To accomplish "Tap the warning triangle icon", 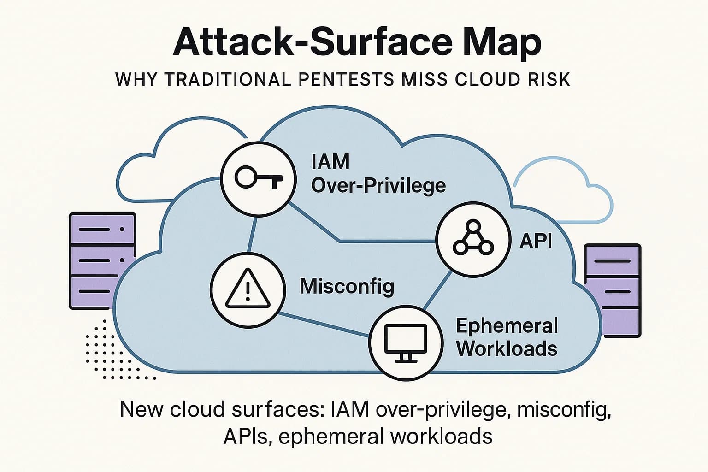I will pos(247,289).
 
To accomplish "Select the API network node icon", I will pos(473,238).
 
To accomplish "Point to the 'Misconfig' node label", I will pos(347,286).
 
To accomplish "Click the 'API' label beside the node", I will pos(536,240).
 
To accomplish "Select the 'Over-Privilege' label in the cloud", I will pos(378,186).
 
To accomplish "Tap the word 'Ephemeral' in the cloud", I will pos(507,325).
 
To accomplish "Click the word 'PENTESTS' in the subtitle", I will pos(346,79).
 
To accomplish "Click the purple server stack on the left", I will pos(102,261).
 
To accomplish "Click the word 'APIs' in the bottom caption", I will pos(245,436).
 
